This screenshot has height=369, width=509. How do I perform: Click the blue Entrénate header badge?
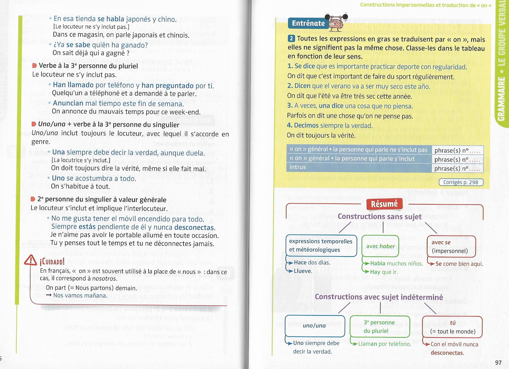(308, 23)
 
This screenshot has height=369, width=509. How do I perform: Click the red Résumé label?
(384, 204)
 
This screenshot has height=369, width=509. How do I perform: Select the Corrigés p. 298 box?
(461, 182)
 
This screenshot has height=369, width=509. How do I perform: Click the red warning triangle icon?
(31, 260)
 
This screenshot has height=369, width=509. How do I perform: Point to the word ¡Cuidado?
(52, 262)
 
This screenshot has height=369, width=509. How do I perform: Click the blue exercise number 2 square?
(291, 39)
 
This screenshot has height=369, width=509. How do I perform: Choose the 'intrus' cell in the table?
(298, 167)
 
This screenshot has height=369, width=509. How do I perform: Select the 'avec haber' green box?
(380, 246)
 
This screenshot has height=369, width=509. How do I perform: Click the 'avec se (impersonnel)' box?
(451, 247)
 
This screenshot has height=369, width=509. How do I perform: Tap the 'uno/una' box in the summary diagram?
(314, 325)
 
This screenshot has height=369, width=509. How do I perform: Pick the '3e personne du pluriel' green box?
(379, 327)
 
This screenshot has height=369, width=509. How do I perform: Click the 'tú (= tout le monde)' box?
(452, 327)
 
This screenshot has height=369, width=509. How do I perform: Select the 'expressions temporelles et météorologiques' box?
(321, 245)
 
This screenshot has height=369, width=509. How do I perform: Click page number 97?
(498, 363)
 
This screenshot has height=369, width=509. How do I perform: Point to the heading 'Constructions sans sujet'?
(379, 216)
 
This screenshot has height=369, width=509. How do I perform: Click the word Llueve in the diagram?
(303, 271)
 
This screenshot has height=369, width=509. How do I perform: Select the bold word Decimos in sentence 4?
(306, 125)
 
